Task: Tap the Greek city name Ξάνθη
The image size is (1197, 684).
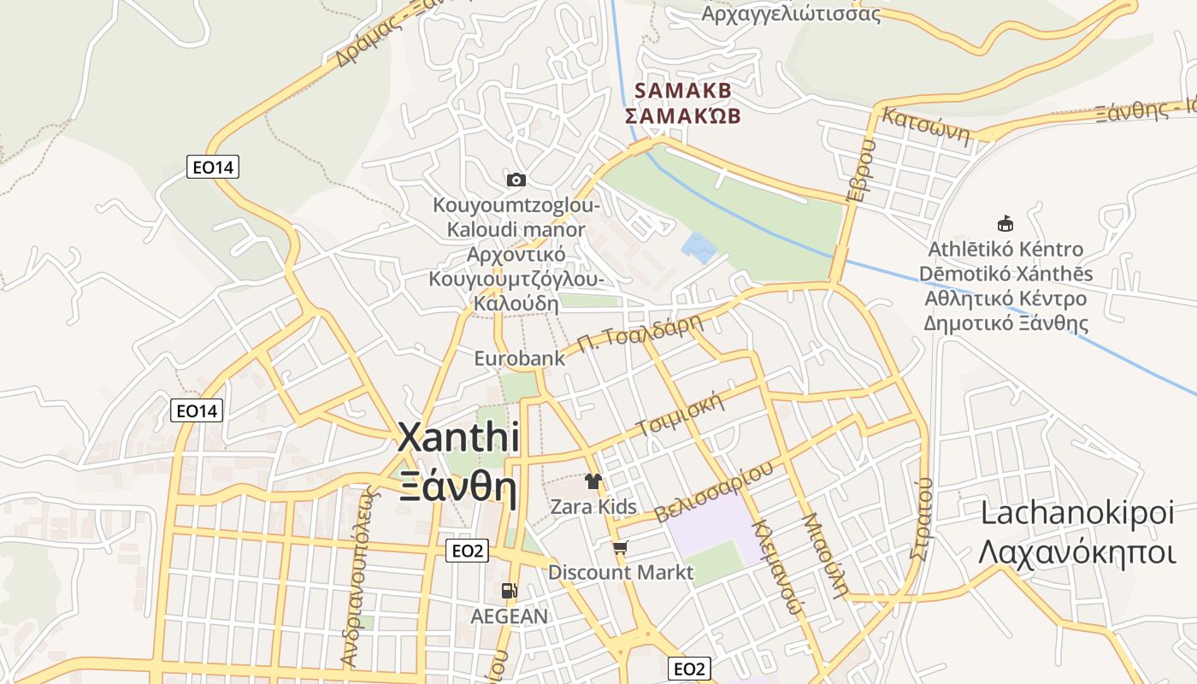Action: pyautogui.click(x=458, y=489)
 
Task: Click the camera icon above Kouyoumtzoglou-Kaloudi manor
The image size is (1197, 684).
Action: pyautogui.click(x=516, y=180)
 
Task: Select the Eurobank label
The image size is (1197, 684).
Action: pyautogui.click(x=520, y=358)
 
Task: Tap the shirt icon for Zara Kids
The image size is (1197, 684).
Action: pyautogui.click(x=593, y=481)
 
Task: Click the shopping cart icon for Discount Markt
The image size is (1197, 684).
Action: pyautogui.click(x=620, y=547)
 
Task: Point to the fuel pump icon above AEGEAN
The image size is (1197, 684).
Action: pyautogui.click(x=509, y=591)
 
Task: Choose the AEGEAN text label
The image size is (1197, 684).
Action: pyautogui.click(x=510, y=616)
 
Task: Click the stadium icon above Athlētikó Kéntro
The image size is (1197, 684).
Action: pyautogui.click(x=1005, y=224)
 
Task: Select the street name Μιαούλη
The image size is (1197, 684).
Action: pyautogui.click(x=825, y=555)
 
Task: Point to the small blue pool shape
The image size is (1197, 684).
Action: pyautogui.click(x=700, y=247)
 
